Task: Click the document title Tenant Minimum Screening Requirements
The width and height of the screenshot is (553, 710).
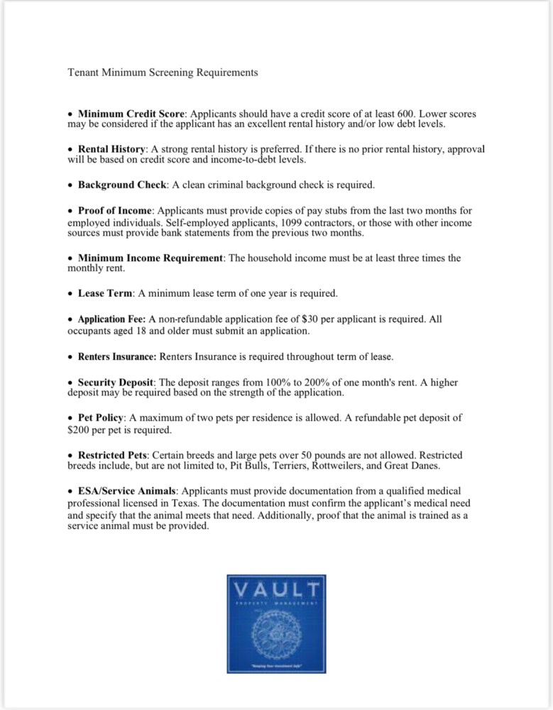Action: click(162, 72)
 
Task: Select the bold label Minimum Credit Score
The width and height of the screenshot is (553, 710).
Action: click(131, 114)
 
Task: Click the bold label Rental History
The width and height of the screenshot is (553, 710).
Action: click(111, 150)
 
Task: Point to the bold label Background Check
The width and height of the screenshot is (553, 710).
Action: click(121, 185)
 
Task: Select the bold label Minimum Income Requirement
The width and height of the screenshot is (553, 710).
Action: click(150, 258)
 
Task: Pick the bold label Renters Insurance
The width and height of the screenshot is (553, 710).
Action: click(116, 356)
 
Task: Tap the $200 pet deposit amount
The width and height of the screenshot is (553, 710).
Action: click(80, 430)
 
